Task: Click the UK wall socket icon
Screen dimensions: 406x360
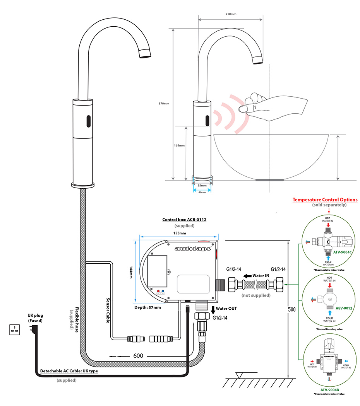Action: pyautogui.click(x=15, y=329)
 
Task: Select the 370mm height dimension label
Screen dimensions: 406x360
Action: pyautogui.click(x=164, y=104)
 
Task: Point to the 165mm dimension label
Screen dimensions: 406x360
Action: pyautogui.click(x=179, y=145)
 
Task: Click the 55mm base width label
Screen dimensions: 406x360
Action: pyautogui.click(x=202, y=186)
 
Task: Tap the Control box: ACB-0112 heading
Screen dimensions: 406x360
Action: pyautogui.click(x=184, y=220)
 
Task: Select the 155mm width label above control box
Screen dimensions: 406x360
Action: pyautogui.click(x=180, y=233)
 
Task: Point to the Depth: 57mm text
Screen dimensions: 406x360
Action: pyautogui.click(x=148, y=307)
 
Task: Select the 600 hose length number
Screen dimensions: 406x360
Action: pyautogui.click(x=139, y=355)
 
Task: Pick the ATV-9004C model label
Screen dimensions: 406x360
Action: pyautogui.click(x=342, y=252)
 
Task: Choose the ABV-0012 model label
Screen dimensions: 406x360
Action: pyautogui.click(x=342, y=308)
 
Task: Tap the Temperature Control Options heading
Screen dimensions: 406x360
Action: pyautogui.click(x=325, y=200)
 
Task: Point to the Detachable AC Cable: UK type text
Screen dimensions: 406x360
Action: pyautogui.click(x=69, y=371)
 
